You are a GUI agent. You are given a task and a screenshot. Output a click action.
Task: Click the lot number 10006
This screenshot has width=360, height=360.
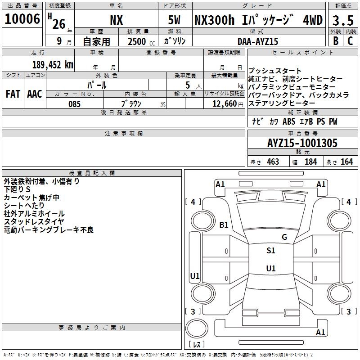pos(22,19)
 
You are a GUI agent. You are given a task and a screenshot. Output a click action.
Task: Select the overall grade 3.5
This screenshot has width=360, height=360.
pos(343,20)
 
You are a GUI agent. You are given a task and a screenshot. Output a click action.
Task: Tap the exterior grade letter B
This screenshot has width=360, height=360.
pos(336,41)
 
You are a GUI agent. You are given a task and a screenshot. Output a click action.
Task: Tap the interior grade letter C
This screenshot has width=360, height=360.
pos(350,41)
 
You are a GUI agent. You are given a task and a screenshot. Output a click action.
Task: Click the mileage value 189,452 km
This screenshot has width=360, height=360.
pos(53,65)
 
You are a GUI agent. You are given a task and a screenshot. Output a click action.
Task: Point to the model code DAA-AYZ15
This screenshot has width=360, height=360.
pos(258,41)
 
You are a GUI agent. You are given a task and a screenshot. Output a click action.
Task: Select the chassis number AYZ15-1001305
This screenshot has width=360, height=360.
pos(302,143)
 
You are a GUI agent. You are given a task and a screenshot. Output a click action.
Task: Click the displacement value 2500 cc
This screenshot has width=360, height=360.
pos(141,41)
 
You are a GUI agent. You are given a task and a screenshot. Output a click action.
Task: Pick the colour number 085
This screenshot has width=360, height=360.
pos(74,104)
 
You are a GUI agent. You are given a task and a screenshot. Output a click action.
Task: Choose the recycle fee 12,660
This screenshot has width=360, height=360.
pos(225,104)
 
